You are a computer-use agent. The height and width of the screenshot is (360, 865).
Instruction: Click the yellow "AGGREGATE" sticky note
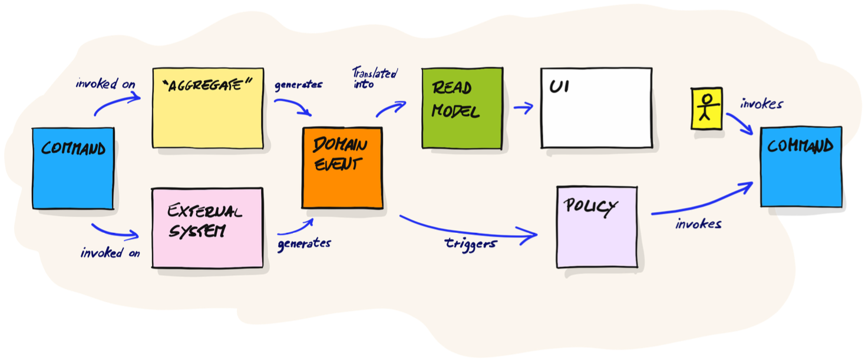(207, 108)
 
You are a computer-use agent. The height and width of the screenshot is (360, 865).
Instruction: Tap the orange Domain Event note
(342, 168)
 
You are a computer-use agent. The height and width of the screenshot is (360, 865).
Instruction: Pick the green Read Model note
(462, 108)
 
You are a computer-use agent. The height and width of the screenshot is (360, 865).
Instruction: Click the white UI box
(596, 108)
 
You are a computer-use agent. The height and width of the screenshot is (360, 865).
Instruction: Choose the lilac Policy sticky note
(596, 227)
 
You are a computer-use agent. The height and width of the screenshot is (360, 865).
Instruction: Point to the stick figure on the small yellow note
(706, 108)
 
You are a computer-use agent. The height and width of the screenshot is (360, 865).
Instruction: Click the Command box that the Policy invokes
(801, 167)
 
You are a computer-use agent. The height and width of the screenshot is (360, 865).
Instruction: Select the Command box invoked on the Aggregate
(72, 168)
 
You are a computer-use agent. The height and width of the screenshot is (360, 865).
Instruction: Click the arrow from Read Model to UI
(523, 107)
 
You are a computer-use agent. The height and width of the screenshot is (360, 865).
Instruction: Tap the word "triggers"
(470, 243)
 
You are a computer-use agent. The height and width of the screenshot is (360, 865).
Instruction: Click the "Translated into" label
(374, 78)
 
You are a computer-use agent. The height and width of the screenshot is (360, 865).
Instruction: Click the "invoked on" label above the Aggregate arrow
(105, 84)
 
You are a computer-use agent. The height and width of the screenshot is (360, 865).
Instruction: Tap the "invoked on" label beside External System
(110, 253)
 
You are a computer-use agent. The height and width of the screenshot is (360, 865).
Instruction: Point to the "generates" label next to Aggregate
(298, 84)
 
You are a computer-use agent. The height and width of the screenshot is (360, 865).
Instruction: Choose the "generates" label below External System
(304, 243)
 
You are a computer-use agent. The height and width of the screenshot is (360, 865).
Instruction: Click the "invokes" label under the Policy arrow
(698, 223)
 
